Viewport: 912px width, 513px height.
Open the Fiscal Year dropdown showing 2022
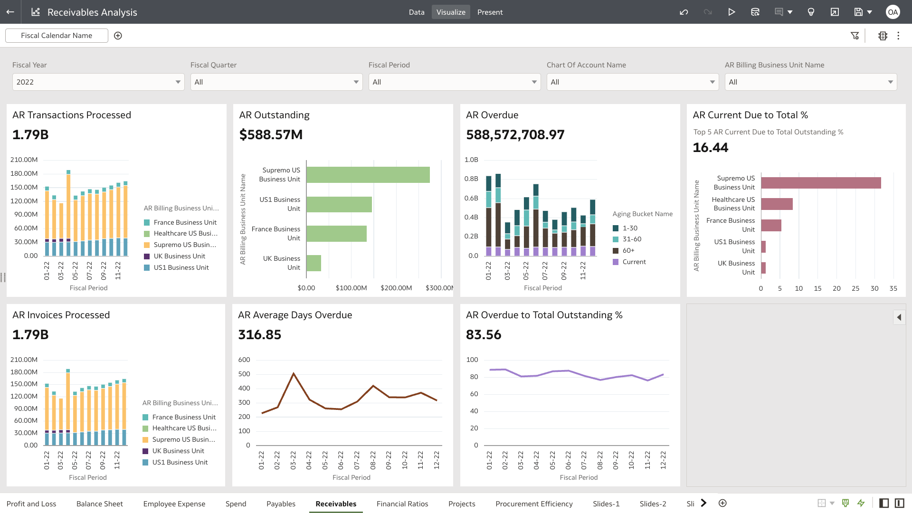coord(98,82)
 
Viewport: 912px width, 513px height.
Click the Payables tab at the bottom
coord(281,503)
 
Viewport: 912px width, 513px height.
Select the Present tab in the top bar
coord(490,12)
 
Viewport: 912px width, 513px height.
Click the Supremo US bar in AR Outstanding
coord(368,175)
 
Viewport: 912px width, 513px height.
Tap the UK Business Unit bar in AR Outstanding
coord(313,263)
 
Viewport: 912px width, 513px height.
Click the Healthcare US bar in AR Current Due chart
coord(777,204)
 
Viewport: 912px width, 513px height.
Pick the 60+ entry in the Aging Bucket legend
coord(628,250)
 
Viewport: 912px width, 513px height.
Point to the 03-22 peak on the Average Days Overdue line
coord(294,373)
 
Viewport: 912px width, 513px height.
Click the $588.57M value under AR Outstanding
coord(271,135)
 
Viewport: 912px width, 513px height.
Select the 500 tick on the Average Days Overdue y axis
coord(244,374)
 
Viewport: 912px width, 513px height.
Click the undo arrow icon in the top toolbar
coord(684,12)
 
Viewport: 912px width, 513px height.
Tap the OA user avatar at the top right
coord(893,12)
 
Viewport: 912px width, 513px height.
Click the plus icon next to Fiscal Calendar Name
coord(118,36)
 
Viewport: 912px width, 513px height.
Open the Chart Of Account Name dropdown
coord(632,82)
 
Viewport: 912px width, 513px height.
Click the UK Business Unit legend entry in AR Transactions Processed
coord(179,256)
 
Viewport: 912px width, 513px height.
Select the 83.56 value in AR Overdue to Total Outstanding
coord(484,335)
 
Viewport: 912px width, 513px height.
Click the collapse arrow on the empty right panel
coord(899,317)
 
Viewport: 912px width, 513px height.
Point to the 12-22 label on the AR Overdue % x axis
coord(663,460)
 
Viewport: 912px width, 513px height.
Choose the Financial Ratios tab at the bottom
coord(402,503)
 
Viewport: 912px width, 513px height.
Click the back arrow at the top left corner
coord(10,12)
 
